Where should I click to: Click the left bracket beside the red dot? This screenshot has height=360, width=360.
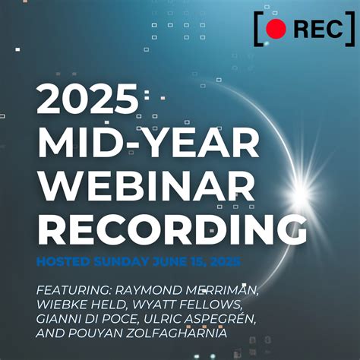[x=259, y=29]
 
